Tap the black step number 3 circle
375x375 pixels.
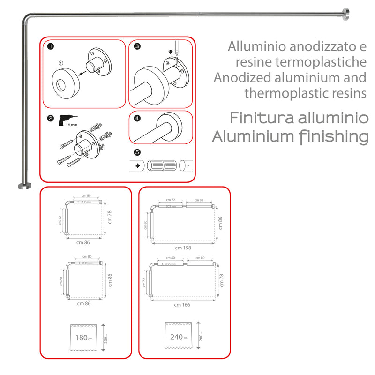click(x=137, y=46)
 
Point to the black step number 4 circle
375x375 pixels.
click(x=137, y=119)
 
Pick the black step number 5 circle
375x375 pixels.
click(x=137, y=152)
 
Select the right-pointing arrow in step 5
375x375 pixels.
click(x=137, y=166)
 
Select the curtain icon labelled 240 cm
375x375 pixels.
click(x=178, y=337)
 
